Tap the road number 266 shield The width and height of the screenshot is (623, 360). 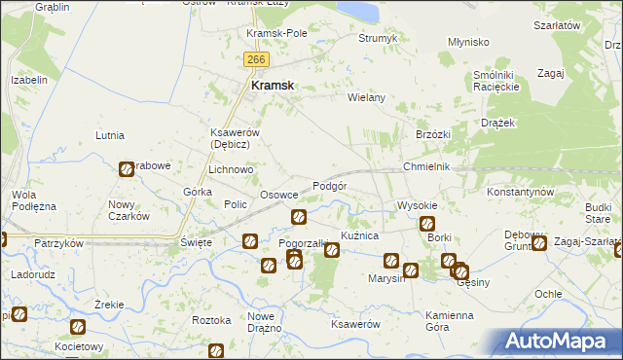click(256, 60)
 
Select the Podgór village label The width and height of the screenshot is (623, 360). click(330, 186)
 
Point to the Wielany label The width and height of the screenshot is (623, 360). click(367, 97)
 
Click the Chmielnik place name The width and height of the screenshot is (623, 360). click(426, 167)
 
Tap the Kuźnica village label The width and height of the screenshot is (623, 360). click(358, 236)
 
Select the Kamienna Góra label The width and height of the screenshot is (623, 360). click(449, 321)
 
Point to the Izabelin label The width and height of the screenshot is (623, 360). click(29, 80)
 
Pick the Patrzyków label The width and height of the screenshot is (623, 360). click(58, 242)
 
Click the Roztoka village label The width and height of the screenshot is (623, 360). click(211, 319)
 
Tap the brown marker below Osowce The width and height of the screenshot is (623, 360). click(299, 216)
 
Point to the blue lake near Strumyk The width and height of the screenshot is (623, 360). click(359, 11)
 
